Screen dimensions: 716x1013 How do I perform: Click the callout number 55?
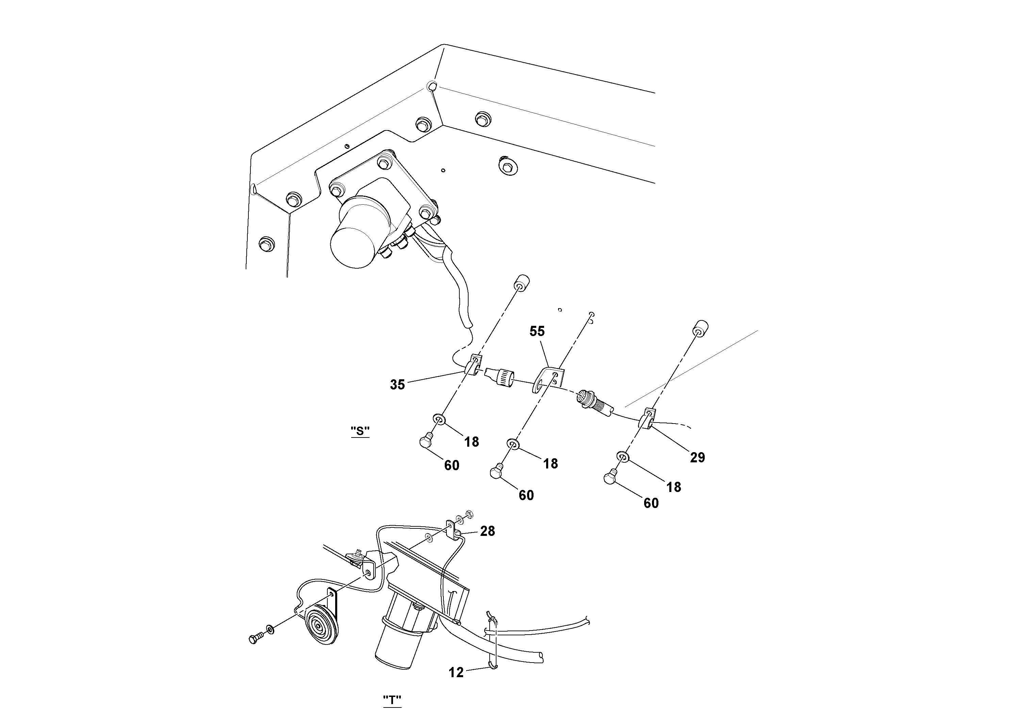(537, 331)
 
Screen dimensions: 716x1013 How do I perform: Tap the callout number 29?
(697, 457)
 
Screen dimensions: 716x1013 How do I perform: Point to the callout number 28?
(488, 531)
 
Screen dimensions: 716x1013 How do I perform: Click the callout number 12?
(456, 672)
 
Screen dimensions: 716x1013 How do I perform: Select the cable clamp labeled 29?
(649, 419)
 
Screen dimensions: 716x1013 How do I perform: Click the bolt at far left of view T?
(256, 638)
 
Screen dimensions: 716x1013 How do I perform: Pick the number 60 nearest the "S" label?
(451, 465)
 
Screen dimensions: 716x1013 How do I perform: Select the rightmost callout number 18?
(674, 487)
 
